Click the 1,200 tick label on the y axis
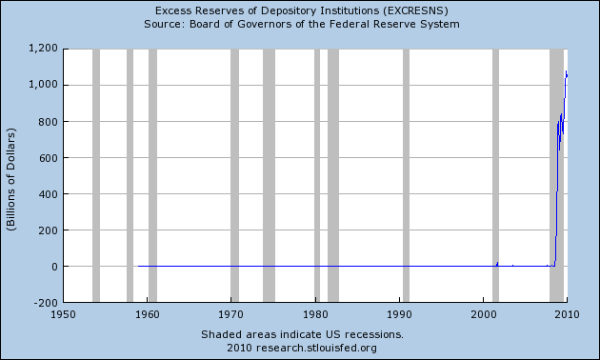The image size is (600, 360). click(x=43, y=48)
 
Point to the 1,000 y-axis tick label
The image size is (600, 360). click(x=43, y=84)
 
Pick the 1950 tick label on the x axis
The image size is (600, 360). click(x=63, y=313)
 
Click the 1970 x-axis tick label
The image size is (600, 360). click(x=231, y=313)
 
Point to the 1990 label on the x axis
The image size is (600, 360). click(x=399, y=313)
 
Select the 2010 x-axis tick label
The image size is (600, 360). click(x=568, y=313)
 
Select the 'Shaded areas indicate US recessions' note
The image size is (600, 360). click(x=302, y=334)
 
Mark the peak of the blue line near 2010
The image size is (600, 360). click(x=567, y=70)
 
